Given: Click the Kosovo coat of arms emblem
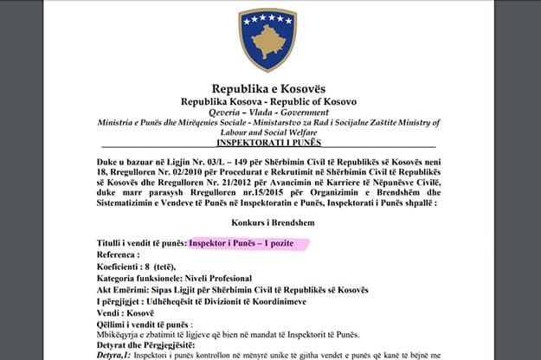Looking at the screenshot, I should point(267,39).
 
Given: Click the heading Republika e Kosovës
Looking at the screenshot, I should point(267,88).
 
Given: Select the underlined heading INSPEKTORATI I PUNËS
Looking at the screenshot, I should point(267,142).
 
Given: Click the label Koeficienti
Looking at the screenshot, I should point(125,267).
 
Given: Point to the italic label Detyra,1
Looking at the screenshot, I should point(117,355).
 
